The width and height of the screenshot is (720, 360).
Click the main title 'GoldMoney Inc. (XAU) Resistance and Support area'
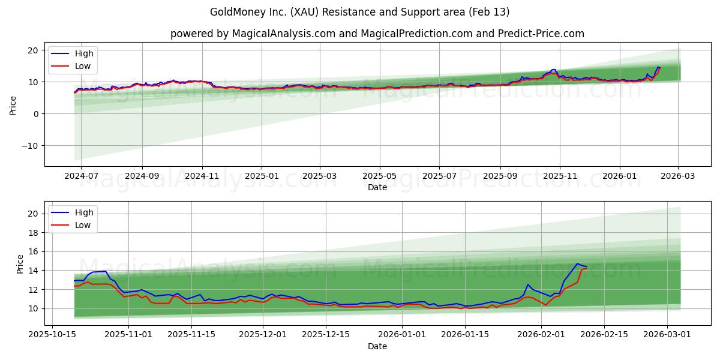click(359, 12)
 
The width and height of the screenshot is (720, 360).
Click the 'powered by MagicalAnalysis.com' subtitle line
click(377, 34)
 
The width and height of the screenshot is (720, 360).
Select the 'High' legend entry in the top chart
click(83, 53)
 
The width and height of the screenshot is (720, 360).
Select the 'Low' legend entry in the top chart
click(83, 66)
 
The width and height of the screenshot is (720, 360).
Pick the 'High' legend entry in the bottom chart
click(83, 212)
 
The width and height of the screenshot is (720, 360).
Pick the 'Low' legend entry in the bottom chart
click(83, 225)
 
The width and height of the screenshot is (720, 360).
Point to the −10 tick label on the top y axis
click(31, 146)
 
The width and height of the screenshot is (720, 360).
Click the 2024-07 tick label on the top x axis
click(81, 176)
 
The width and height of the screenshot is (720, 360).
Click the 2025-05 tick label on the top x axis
click(380, 176)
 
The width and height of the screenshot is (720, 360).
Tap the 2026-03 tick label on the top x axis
click(678, 176)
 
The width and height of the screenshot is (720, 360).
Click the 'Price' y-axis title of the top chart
click(13, 104)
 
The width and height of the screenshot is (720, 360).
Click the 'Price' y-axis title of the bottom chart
click(19, 263)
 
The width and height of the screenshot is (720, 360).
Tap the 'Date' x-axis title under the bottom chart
click(377, 346)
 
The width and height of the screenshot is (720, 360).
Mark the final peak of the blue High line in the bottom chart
click(577, 263)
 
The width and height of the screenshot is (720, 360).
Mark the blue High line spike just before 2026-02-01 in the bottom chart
click(528, 284)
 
